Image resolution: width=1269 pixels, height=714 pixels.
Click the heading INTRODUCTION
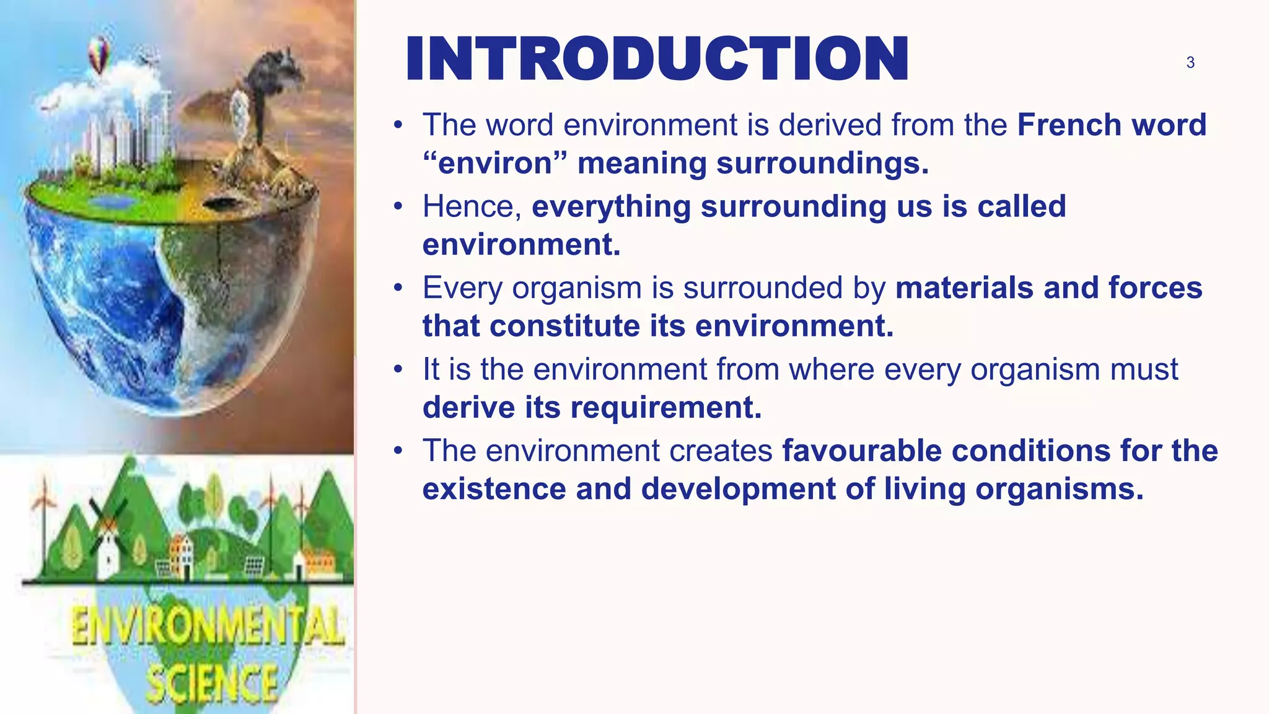point(657,59)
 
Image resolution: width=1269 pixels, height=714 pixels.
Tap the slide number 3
point(1190,63)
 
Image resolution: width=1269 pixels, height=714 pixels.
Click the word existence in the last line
point(494,490)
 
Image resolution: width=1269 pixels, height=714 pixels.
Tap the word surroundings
point(822,164)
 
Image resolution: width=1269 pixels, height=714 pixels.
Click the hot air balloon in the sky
point(99,53)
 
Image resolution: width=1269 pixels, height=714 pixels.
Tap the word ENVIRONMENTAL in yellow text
point(208,626)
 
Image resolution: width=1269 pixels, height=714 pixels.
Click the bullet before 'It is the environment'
point(398,370)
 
